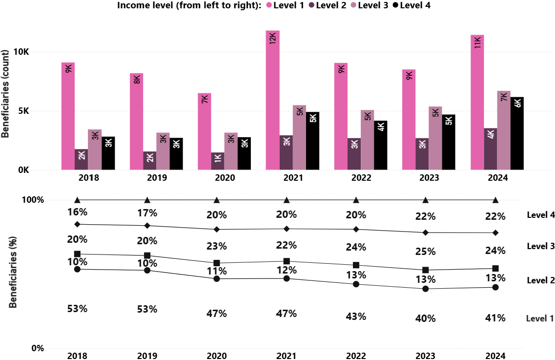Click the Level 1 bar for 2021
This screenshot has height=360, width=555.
click(x=272, y=100)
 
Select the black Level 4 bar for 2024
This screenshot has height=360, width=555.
click(x=517, y=133)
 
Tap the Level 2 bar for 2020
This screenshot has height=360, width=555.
click(x=218, y=161)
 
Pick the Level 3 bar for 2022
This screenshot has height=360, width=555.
click(x=368, y=140)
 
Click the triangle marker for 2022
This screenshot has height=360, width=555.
click(x=356, y=200)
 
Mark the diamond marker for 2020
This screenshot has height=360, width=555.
click(x=217, y=229)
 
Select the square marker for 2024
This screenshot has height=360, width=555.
click(x=495, y=268)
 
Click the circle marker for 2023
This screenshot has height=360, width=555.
click(x=426, y=289)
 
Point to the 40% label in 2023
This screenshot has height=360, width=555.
click(x=425, y=318)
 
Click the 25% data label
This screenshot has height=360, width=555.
click(x=425, y=252)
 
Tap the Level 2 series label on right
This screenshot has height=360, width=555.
click(x=540, y=280)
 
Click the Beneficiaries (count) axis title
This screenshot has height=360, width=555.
click(x=6, y=94)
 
